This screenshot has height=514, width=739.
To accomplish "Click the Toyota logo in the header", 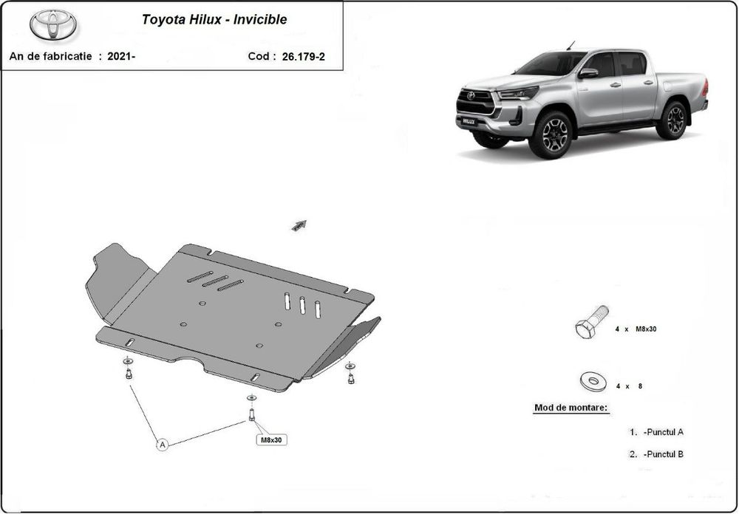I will coord(53,25).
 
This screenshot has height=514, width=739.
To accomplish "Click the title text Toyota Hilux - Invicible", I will coord(214,20).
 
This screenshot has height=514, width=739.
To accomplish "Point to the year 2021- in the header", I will coord(121,56).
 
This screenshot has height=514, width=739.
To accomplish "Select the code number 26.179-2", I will coord(303,56).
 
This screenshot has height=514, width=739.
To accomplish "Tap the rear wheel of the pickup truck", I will coord(672,120).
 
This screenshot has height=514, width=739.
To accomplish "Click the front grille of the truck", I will coord(475,101).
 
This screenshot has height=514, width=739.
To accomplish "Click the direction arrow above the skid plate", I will coord(299,225).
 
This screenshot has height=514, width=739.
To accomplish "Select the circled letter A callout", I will coord(162,444).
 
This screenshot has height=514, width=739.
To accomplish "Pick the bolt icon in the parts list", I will coord(591,322).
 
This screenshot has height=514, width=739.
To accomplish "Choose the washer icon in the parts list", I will coord(592,382).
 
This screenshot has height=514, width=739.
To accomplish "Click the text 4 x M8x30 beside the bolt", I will coord(636,329).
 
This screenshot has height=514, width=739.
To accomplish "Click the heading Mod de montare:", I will coord(571,408).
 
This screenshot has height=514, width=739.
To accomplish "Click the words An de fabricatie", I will coord(50,56).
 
